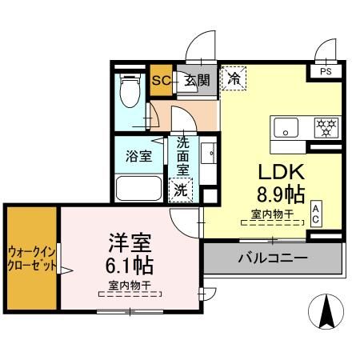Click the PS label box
click(326, 71)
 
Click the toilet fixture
click(129, 94)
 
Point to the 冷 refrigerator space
click(234, 78)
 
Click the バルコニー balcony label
click(273, 258)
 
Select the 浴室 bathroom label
click(139, 156)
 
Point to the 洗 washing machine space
click(182, 191)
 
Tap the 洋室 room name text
click(126, 242)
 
